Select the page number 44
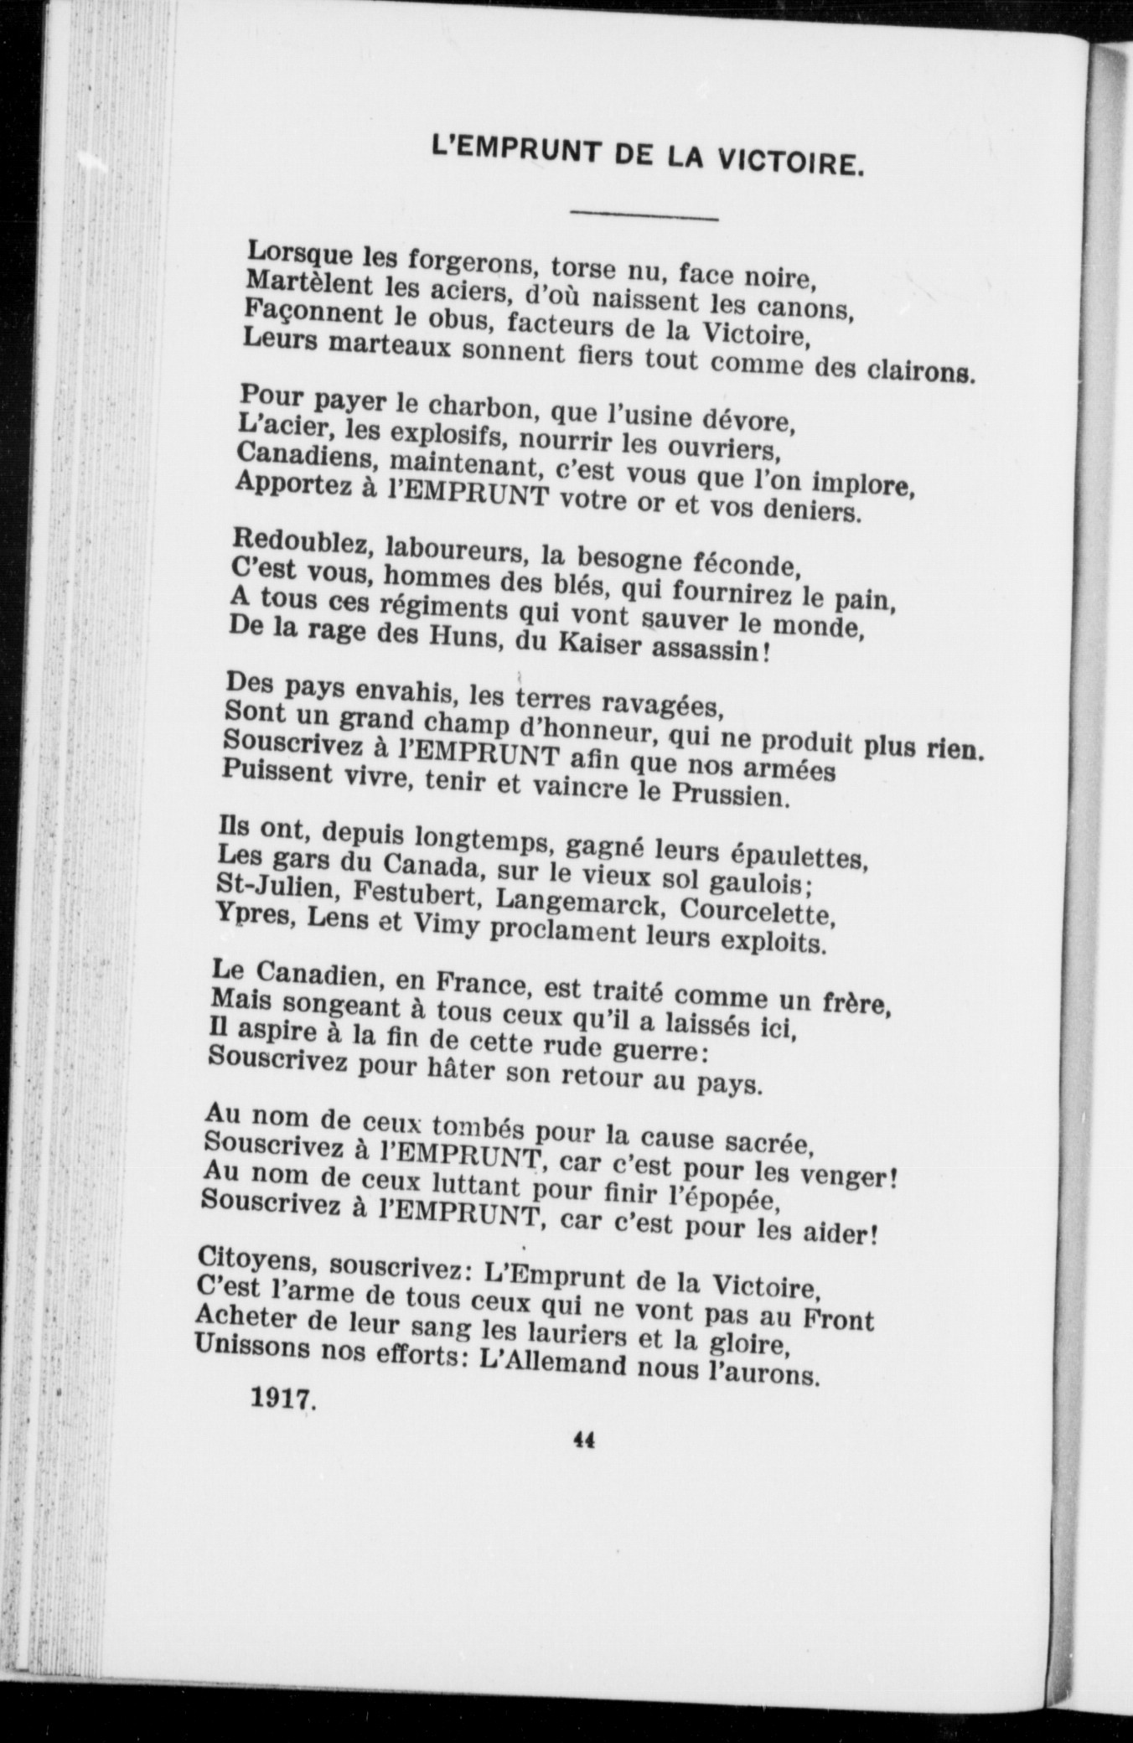click(x=583, y=1440)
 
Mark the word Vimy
click(x=442, y=927)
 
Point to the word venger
click(x=850, y=1177)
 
